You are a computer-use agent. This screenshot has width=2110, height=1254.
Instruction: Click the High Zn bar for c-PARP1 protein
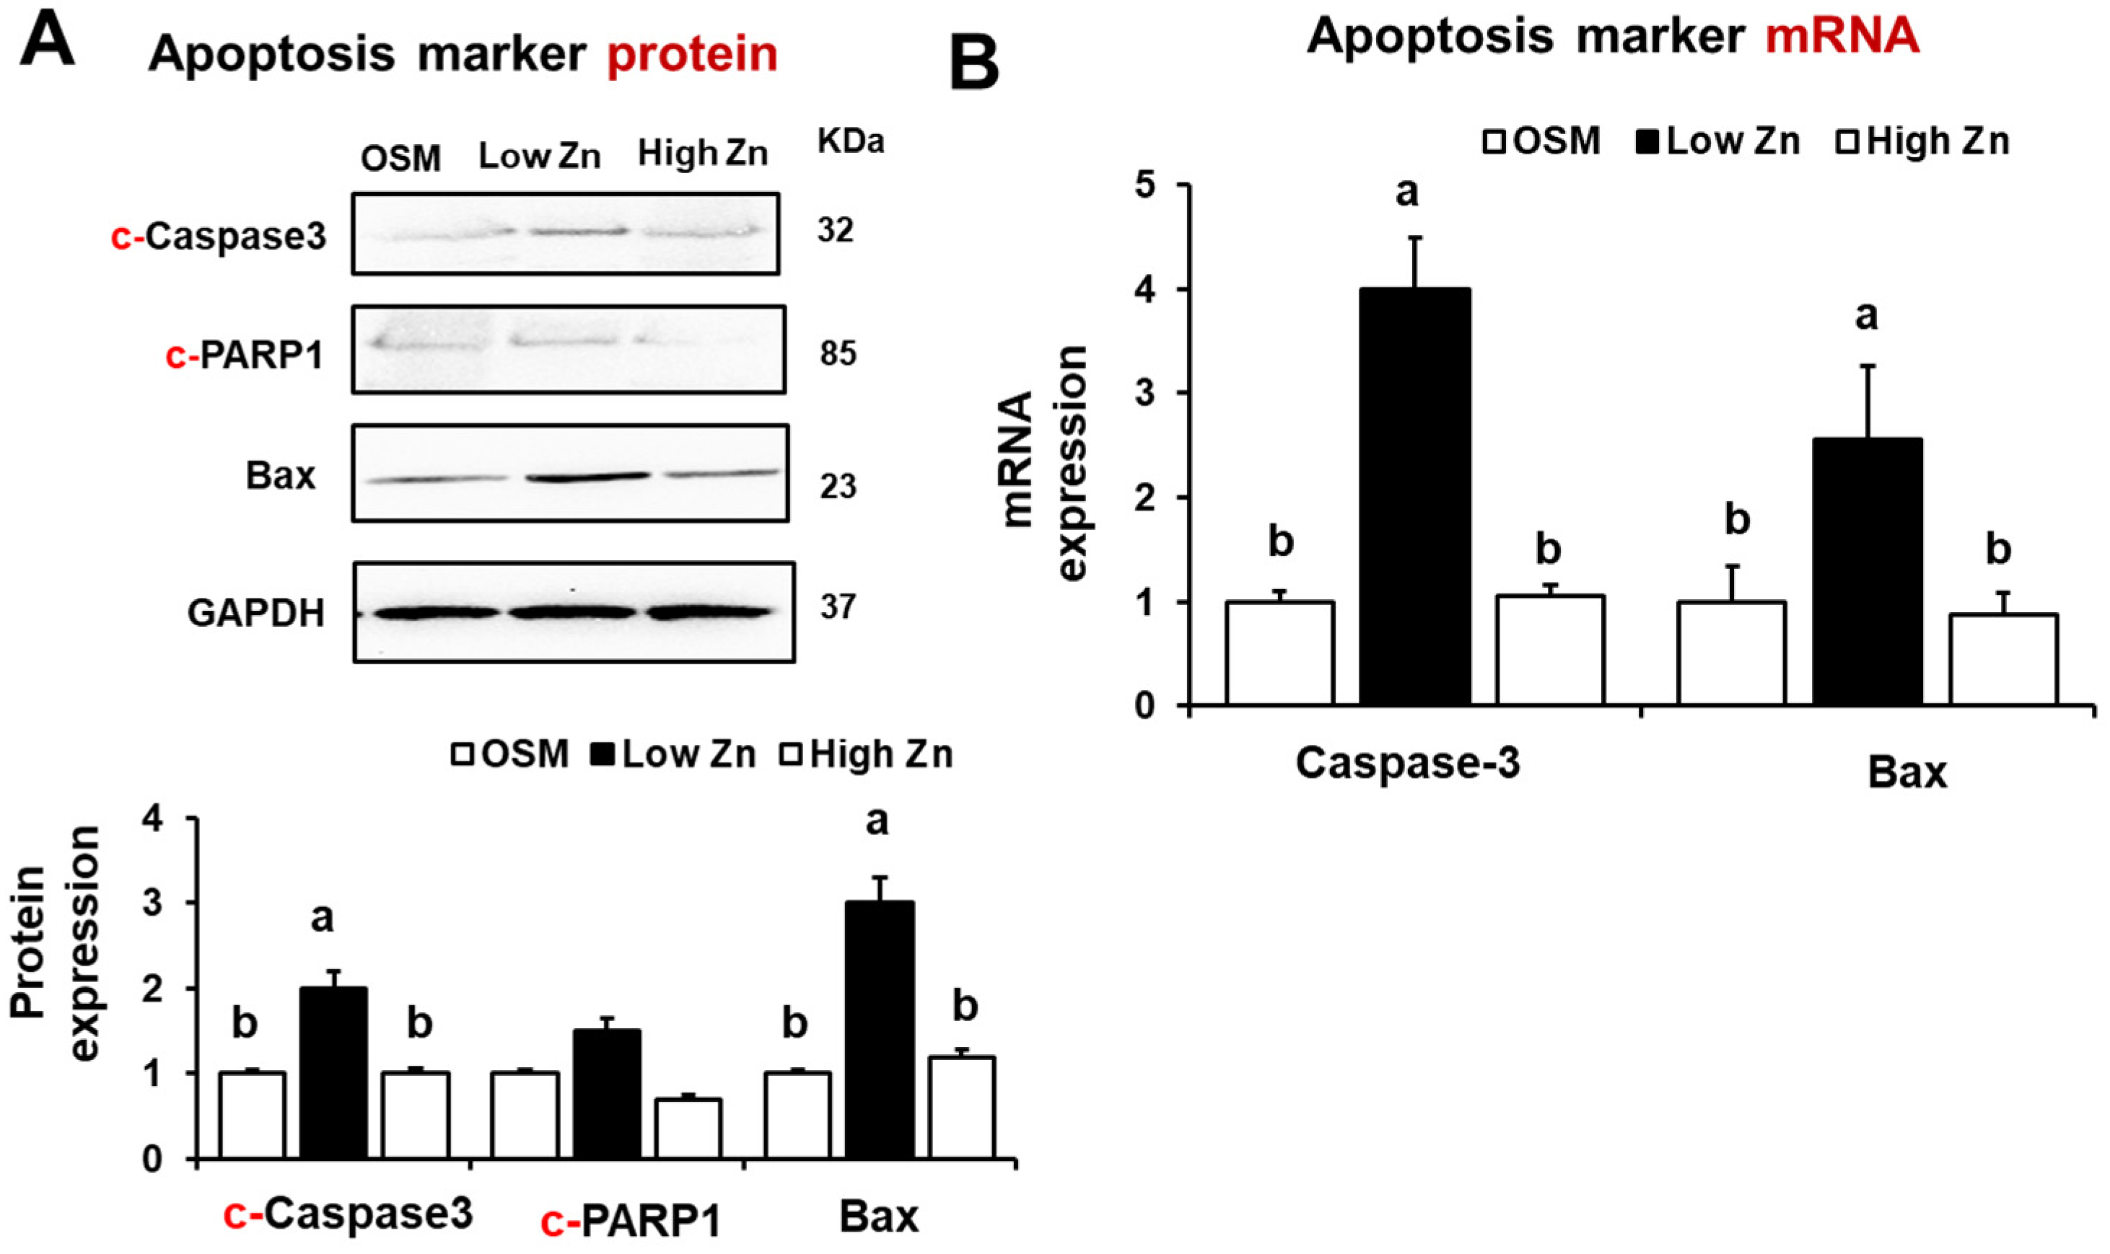point(688,1127)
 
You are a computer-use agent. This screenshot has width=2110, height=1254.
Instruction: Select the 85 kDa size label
point(837,353)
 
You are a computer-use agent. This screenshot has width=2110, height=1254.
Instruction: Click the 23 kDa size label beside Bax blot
point(837,487)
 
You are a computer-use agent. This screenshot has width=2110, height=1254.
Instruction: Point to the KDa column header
point(851,143)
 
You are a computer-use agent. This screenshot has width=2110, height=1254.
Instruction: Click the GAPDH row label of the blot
point(256,613)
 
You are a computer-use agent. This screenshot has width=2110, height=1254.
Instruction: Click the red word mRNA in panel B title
point(1840,36)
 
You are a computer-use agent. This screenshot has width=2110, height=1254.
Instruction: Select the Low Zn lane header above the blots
point(539,156)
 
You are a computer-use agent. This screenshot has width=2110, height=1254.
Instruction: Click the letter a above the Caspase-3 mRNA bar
point(1406,193)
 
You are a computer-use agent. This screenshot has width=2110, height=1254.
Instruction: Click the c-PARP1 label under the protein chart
point(630,1221)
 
